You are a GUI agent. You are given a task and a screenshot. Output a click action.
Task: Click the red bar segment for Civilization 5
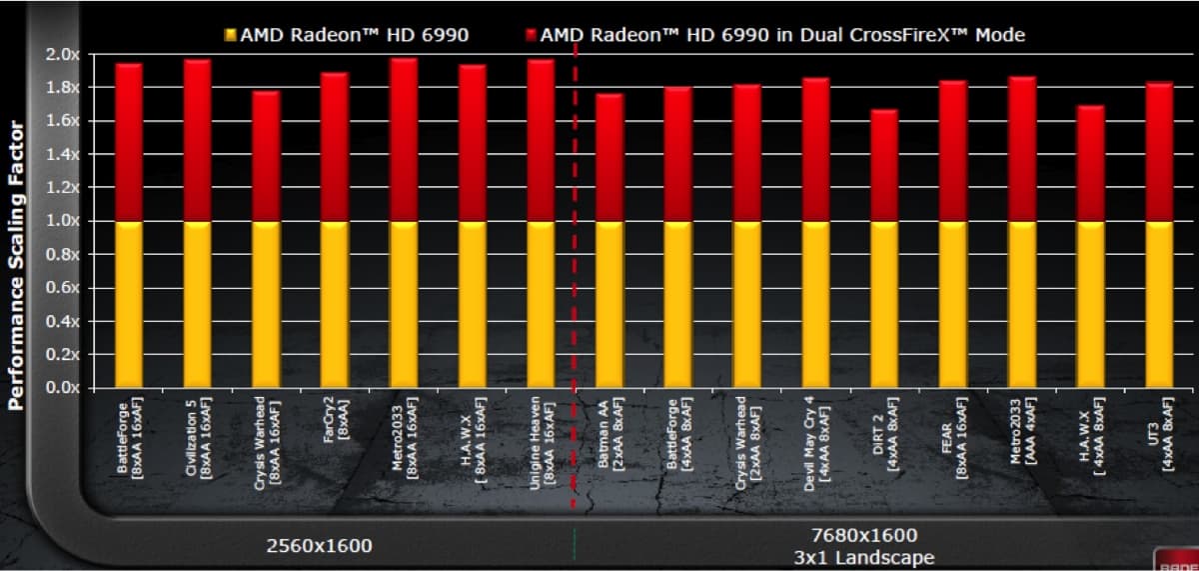coord(197,140)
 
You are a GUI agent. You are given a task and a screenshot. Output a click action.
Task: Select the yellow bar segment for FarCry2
coord(334,304)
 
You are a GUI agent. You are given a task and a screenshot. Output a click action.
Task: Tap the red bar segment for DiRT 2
coord(884,165)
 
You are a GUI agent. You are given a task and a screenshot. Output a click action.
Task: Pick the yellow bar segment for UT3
coord(1158,304)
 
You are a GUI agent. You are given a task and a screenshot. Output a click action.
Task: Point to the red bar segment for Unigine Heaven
coord(541,140)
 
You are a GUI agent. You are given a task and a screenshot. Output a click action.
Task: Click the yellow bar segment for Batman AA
coord(609,304)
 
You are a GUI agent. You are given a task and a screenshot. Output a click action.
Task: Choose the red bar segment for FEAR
coord(953,151)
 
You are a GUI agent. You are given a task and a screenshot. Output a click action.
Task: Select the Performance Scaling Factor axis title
coord(16,265)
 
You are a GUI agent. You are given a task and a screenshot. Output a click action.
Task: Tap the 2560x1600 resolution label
coord(319,546)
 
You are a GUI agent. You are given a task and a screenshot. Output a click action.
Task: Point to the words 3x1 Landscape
coord(865,557)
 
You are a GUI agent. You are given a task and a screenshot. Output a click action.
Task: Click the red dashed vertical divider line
coord(575,300)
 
